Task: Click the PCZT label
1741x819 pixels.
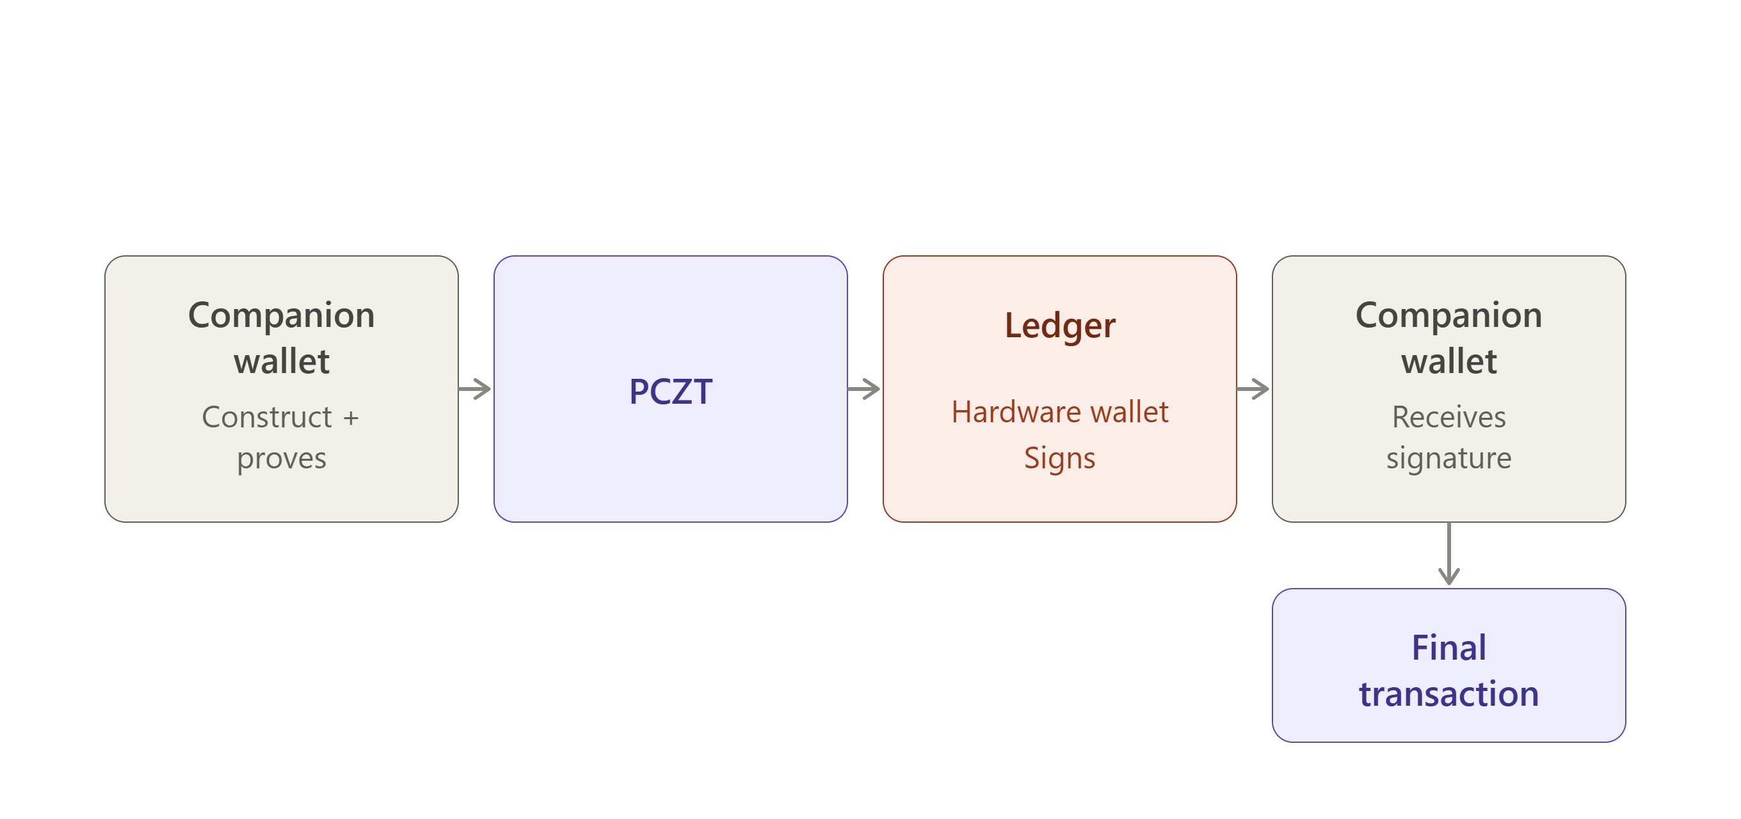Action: [x=670, y=391]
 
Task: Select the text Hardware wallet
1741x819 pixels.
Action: [x=1060, y=411]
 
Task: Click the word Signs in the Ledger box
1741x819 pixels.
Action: [x=1059, y=458]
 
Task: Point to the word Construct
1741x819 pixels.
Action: [x=267, y=417]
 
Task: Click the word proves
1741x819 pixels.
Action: [x=281, y=459]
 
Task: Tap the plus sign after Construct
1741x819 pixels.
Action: [x=351, y=418]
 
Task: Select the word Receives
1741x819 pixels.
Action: [x=1448, y=417]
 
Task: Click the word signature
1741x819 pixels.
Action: [x=1448, y=459]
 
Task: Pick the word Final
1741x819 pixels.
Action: [x=1448, y=648]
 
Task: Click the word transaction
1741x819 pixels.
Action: [x=1448, y=694]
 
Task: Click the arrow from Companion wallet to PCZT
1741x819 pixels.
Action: [x=474, y=388]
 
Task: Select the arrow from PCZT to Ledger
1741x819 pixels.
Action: [x=863, y=388]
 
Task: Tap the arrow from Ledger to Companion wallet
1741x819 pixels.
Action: [x=1253, y=388]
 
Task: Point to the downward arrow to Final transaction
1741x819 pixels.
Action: [x=1448, y=553]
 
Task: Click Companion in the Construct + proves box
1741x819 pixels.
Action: [x=281, y=316]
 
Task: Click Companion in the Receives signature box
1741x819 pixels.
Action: [x=1448, y=316]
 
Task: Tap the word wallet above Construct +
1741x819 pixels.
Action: [x=281, y=361]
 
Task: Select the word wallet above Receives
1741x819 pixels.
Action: [x=1448, y=361]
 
